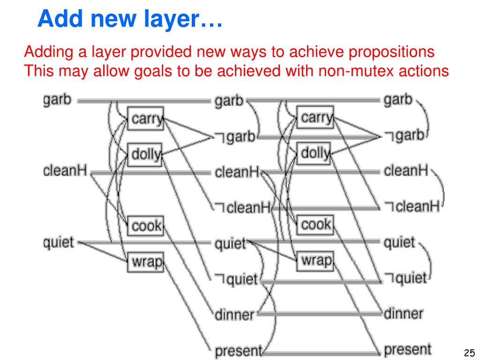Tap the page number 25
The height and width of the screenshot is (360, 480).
click(469, 352)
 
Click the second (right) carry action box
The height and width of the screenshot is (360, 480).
click(315, 117)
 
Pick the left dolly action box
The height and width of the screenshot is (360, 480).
click(145, 153)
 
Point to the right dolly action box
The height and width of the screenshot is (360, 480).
click(314, 152)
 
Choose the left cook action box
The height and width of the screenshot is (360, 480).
click(146, 226)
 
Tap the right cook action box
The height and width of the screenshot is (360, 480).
click(315, 225)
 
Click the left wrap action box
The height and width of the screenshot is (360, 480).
click(145, 262)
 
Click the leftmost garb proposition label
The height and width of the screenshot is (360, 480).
click(57, 100)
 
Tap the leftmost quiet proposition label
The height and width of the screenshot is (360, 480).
click(58, 243)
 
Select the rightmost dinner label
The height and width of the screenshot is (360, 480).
click(404, 313)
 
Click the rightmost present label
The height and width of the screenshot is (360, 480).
click(407, 350)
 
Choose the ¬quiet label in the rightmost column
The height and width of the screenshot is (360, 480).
click(406, 278)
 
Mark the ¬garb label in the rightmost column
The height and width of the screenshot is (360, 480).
click(404, 135)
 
